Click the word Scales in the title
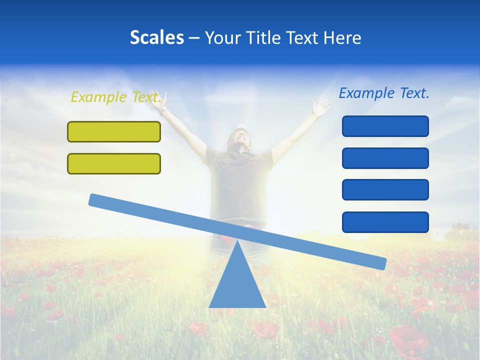pos(156,38)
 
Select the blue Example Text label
pos(384,93)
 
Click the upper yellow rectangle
pos(114,131)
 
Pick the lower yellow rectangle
pos(114,163)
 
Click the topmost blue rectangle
pos(385,126)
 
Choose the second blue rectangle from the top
pos(385,158)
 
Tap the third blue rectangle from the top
pos(385,189)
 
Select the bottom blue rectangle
pos(385,222)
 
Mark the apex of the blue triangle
pos(237,241)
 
